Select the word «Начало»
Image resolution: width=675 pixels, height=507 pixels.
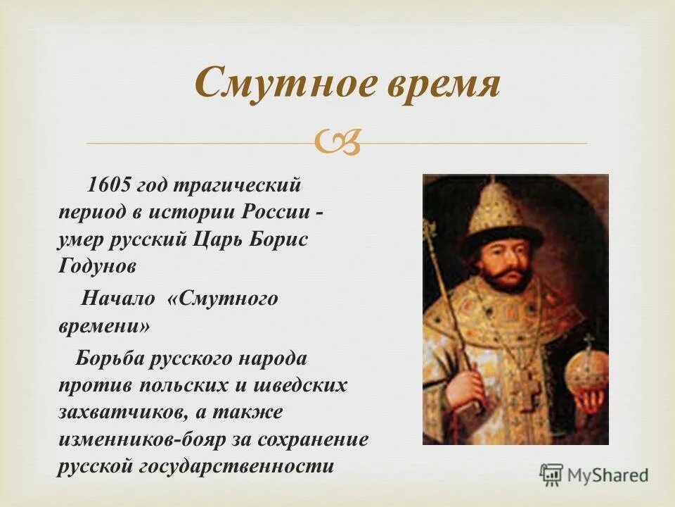[x=118, y=299]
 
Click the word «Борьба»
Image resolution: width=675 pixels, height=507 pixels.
[x=110, y=358]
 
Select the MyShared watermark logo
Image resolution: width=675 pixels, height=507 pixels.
[x=594, y=475]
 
